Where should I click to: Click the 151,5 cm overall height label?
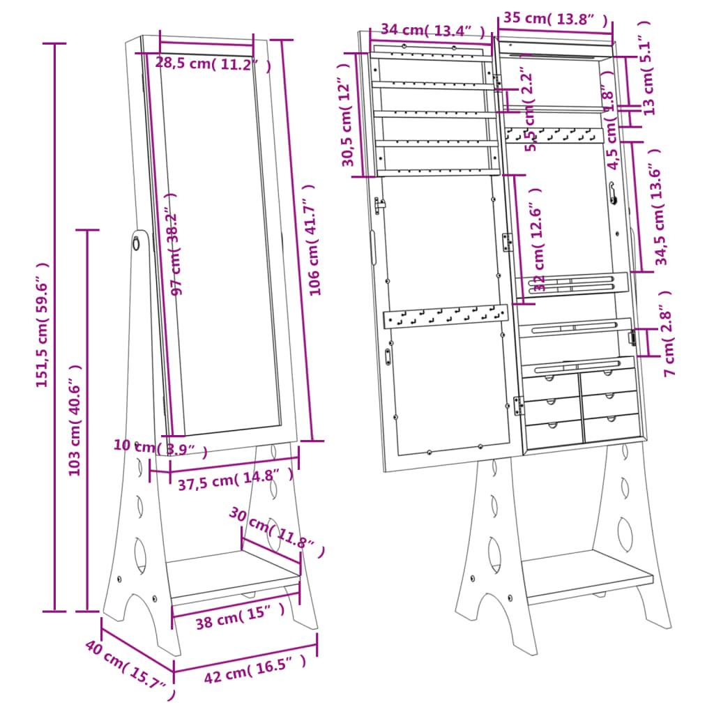[43, 324]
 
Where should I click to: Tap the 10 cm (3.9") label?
[160, 448]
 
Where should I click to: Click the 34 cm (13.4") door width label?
[432, 30]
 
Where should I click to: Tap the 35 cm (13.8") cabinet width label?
[555, 19]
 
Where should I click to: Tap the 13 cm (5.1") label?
[648, 67]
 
